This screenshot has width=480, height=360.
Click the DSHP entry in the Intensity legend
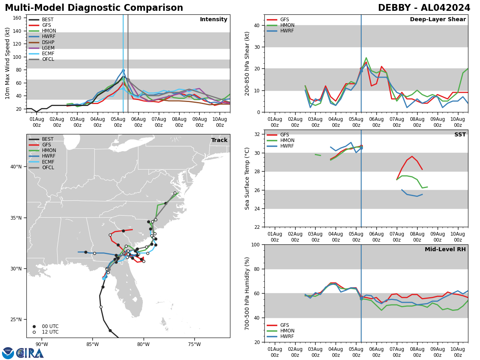coord(48,42)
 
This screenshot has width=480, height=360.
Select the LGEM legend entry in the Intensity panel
coord(48,48)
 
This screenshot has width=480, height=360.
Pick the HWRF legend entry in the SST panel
coord(287,146)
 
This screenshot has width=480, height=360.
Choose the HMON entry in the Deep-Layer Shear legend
coord(287,25)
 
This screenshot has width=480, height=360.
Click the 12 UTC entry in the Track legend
coord(50,332)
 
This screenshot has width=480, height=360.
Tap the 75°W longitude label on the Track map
coord(194,344)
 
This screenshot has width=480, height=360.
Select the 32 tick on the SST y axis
coord(257,134)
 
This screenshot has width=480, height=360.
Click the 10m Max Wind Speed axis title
coord(8,63)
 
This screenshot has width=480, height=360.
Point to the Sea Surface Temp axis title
coord(247,178)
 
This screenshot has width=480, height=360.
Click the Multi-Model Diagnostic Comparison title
coord(94,8)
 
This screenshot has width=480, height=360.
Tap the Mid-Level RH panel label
coord(445,250)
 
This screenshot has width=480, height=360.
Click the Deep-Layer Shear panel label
coord(438,20)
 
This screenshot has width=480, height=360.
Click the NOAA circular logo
coord(8,353)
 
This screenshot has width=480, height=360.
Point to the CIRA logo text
coord(30,353)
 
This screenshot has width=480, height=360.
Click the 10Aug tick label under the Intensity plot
coord(220,122)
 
